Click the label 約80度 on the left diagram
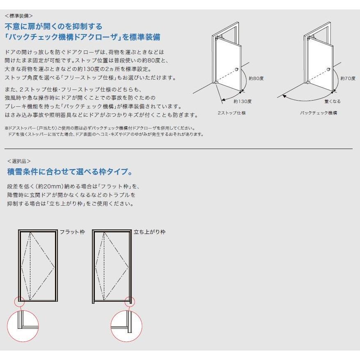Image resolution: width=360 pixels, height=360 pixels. point(256,78)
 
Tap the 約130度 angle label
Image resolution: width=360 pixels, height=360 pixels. point(243,101)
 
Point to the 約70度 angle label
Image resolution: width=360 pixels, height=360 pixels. point(348,78)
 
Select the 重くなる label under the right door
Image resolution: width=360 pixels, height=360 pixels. point(332,101)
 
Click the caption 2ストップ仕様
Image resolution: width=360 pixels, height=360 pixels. point(232,113)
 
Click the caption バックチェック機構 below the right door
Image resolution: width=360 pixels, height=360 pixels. point(318,113)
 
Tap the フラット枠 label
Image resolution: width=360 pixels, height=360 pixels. point(72,232)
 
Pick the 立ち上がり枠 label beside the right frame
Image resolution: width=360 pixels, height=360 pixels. point(150,232)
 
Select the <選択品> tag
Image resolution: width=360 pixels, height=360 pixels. point(19,161)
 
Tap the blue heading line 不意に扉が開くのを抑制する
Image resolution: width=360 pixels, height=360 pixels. point(53,27)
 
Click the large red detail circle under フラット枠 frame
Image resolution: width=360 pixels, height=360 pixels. point(23,326)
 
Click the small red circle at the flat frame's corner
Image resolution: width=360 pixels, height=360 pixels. point(20,302)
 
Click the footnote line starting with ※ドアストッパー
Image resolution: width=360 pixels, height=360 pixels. point(100,128)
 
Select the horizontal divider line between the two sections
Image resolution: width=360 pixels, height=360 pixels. point(178,148)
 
